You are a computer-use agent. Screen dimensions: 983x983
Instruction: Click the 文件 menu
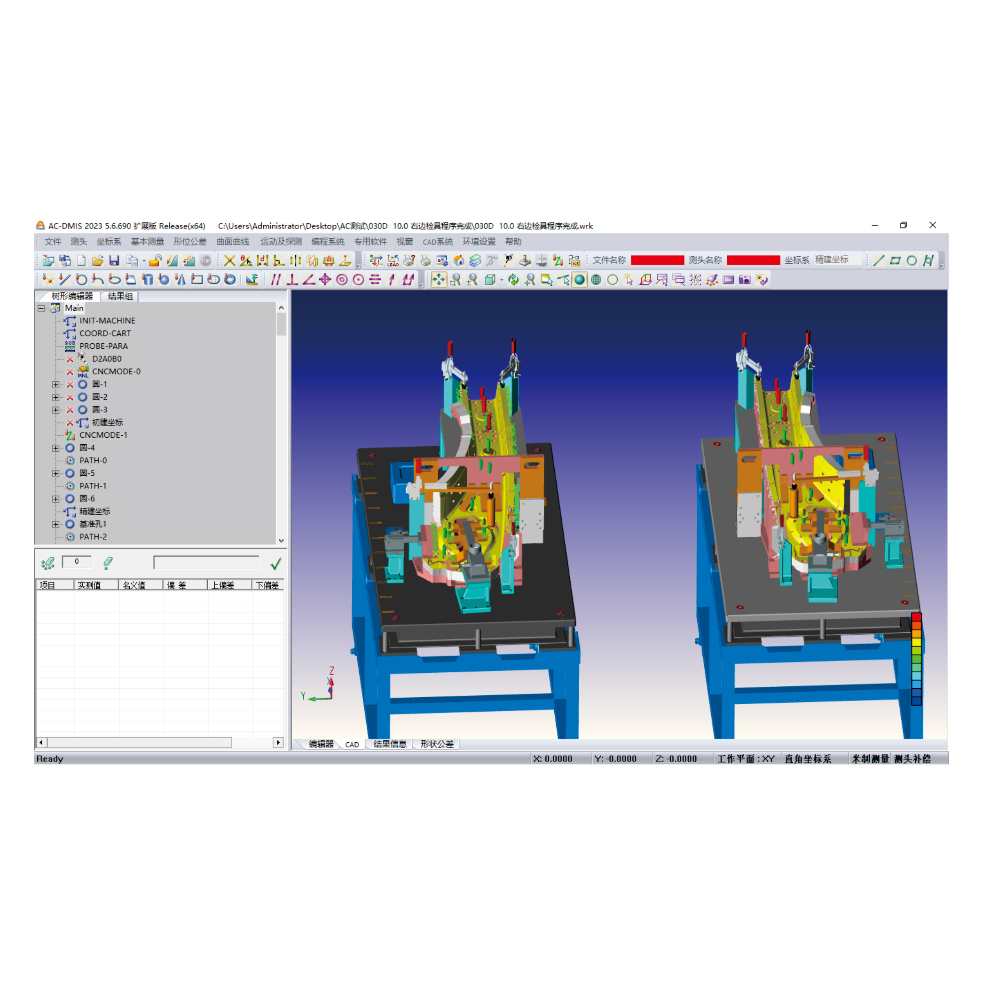click(52, 242)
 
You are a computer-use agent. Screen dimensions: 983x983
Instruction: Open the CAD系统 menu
click(437, 242)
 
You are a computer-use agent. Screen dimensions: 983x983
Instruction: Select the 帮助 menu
click(513, 242)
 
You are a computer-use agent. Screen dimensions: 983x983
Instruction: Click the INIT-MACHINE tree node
click(107, 321)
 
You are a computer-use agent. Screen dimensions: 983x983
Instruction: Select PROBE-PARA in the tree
click(103, 346)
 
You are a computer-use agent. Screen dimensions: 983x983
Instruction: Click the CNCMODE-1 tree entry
click(103, 435)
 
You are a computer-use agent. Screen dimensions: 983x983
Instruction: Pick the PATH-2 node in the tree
click(93, 537)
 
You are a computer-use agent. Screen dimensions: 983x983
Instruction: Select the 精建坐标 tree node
click(94, 511)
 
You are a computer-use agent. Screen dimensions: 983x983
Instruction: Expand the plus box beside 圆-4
click(56, 448)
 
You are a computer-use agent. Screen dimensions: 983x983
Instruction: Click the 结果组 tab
click(120, 296)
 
